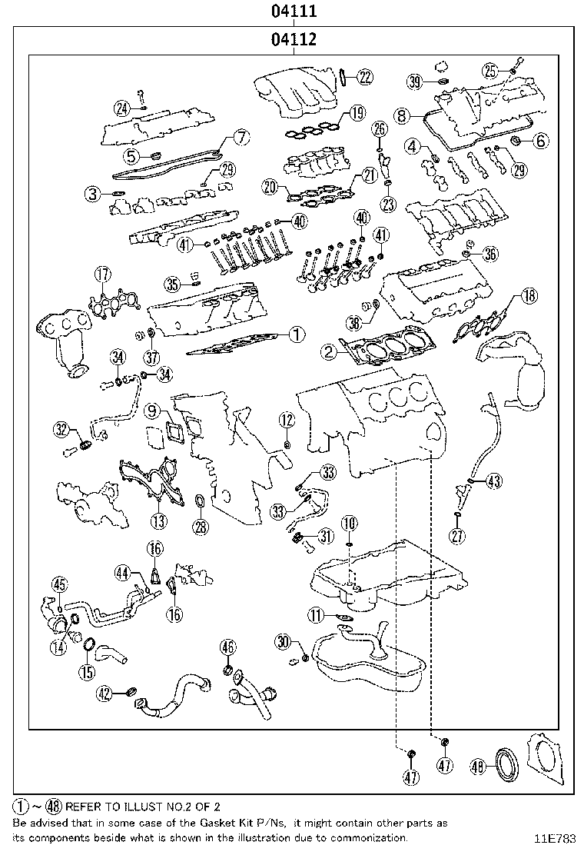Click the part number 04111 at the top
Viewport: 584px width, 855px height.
click(294, 12)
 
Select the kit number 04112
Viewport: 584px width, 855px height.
click(294, 39)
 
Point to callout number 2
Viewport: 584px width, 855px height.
click(329, 352)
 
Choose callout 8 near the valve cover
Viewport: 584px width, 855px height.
click(402, 116)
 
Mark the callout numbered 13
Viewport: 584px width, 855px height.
click(158, 521)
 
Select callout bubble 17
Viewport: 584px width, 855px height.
click(103, 274)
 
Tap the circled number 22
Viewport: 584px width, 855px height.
click(364, 75)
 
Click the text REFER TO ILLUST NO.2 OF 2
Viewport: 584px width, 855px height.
click(143, 807)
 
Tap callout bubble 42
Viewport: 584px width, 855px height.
click(105, 694)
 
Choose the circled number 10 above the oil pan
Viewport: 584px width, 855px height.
click(350, 524)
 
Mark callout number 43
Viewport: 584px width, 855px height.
click(493, 481)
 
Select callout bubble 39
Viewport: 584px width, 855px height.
click(416, 82)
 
